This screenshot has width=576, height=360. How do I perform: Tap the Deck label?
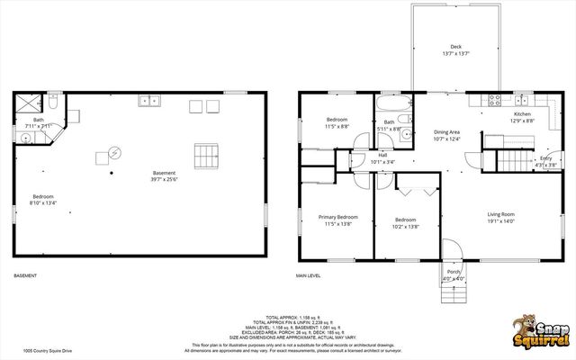[x=456, y=47]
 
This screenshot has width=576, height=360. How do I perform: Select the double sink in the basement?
[x=149, y=101]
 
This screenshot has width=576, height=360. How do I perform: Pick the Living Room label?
[x=501, y=214]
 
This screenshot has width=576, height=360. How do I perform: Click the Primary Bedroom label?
[x=337, y=217]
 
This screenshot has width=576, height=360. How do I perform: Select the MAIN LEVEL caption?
[x=309, y=275]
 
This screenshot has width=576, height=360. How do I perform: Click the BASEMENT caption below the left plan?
[x=25, y=275]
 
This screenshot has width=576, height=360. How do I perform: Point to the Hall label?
[x=382, y=155]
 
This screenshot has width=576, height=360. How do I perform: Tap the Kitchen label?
[x=522, y=114]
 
